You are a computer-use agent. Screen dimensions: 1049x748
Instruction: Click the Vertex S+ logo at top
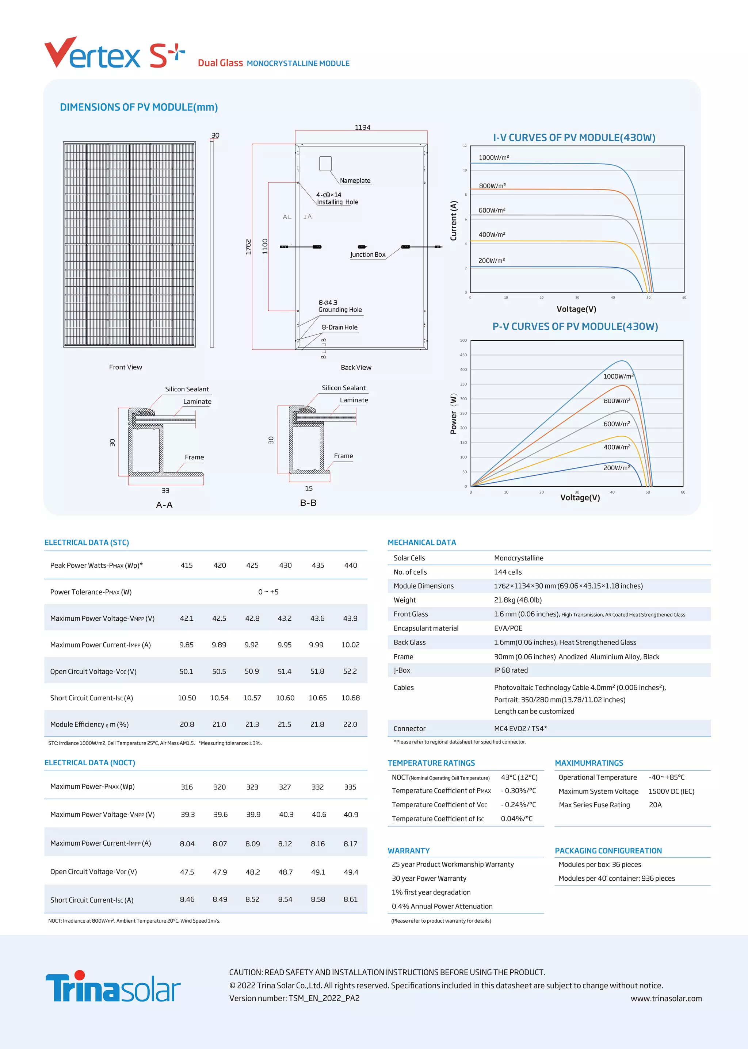pos(114,54)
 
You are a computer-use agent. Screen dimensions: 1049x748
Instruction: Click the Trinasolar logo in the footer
pos(113,987)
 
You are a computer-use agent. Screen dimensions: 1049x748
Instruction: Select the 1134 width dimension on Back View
pos(362,127)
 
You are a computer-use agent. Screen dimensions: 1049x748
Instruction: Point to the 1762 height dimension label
pos(248,246)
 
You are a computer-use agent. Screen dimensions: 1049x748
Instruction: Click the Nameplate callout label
pos(355,180)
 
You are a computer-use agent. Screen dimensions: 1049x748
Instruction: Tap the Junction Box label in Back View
pos(367,254)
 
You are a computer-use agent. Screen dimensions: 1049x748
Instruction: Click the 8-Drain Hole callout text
pos(339,328)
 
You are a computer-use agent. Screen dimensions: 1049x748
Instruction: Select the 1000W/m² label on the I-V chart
pos(494,157)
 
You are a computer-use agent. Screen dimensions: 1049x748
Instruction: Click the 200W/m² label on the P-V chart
pos(617,468)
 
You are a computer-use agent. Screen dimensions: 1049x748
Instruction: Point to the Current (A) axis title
pos(454,220)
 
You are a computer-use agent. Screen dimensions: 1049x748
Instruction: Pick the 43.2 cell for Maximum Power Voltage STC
pos(284,619)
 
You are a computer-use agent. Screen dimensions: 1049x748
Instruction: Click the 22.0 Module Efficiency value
pos(350,724)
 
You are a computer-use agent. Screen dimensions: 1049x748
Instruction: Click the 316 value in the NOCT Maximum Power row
pos(187,787)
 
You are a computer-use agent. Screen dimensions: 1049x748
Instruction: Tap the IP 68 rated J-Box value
pos(511,670)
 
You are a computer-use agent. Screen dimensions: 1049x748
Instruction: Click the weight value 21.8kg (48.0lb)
pos(518,600)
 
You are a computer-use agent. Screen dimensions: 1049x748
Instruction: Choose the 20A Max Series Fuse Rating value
pos(655,805)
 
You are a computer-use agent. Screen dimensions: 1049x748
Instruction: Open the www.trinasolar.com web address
pos(666,998)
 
